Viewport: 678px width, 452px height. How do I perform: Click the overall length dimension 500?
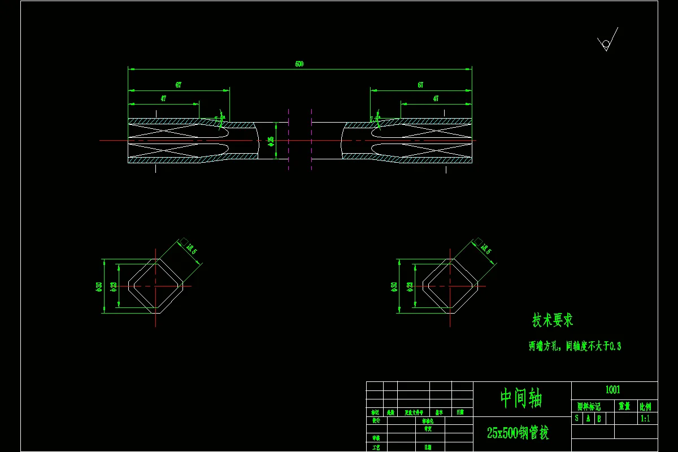pos(299,64)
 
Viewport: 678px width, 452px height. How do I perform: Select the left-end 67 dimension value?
pos(179,85)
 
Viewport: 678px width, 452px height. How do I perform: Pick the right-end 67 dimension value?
pos(421,85)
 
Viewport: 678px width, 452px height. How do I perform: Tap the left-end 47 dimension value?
pos(163,98)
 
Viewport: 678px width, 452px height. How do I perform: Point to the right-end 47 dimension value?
pos(436,98)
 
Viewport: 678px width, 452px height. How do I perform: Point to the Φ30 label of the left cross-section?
pos(99,286)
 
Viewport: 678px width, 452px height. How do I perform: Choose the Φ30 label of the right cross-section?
pos(394,286)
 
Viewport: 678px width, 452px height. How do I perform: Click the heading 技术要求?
pos(553,320)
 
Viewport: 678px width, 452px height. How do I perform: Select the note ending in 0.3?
pos(575,346)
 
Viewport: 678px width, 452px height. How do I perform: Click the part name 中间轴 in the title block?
pos(521,398)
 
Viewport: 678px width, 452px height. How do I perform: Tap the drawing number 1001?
pos(613,389)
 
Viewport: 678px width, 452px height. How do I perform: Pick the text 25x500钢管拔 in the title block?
pos(518,433)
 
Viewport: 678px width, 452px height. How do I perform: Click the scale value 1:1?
pos(645,419)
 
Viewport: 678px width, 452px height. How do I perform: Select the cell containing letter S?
pos(577,419)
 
